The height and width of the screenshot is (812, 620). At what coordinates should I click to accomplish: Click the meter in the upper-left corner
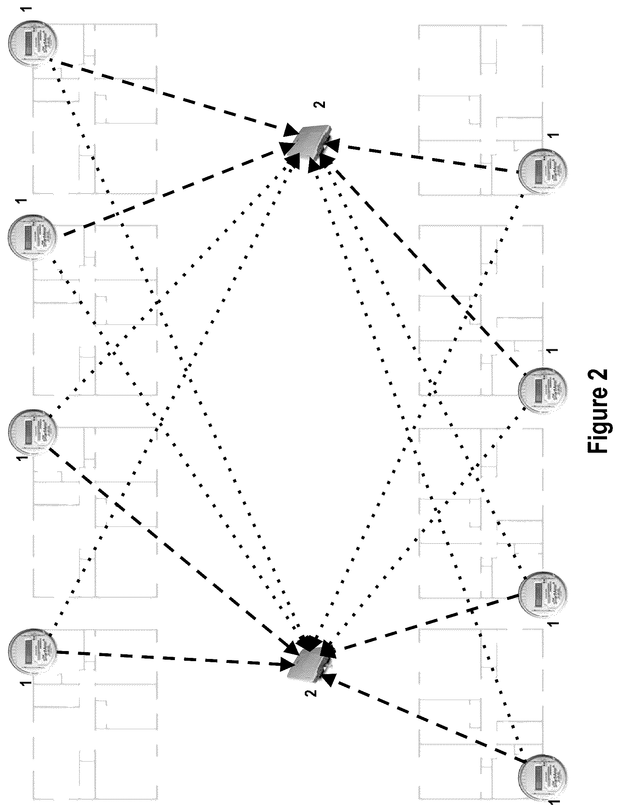[x=33, y=44]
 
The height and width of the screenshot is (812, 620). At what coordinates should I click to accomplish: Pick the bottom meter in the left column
[x=33, y=653]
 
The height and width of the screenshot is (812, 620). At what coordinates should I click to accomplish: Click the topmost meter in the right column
[x=543, y=171]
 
